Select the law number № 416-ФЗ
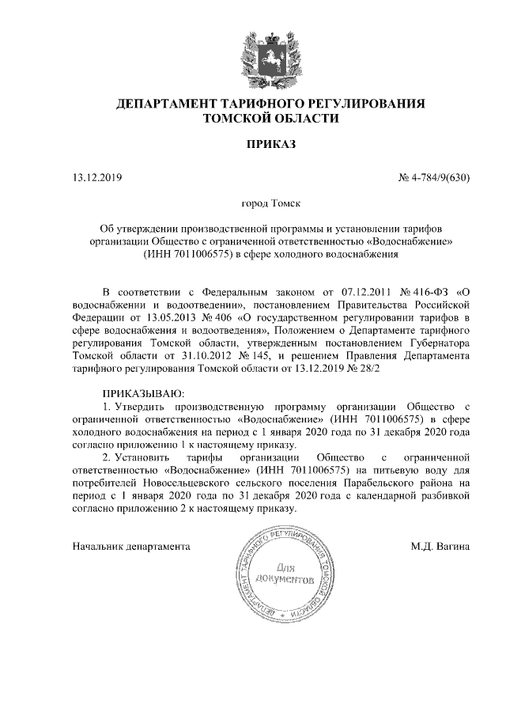[x=411, y=290]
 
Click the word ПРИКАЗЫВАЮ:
[x=142, y=393]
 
